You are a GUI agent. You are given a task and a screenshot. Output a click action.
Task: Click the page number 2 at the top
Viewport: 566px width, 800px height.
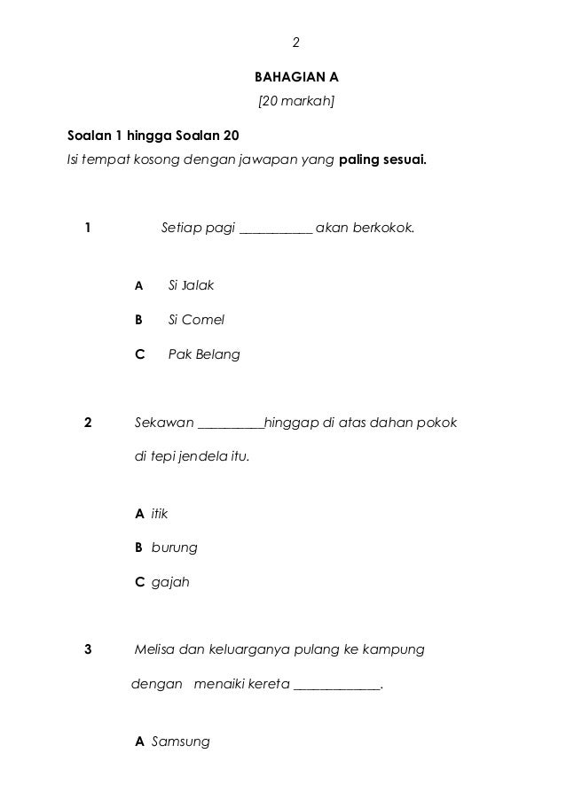tap(296, 42)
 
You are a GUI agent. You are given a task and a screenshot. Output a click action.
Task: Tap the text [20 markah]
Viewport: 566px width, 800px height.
tap(295, 101)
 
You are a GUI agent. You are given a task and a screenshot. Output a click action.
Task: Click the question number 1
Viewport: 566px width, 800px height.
tap(87, 228)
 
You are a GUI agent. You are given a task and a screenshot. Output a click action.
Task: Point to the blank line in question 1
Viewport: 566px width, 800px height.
tap(276, 229)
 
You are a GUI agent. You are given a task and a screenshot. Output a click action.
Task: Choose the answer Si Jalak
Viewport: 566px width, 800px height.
tap(191, 285)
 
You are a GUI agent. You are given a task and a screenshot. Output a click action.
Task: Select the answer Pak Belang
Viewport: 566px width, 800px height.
tap(203, 354)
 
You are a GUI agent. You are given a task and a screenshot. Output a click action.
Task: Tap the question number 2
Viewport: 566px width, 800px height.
tap(87, 422)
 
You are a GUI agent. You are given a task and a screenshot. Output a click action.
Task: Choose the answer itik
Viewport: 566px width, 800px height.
tap(159, 514)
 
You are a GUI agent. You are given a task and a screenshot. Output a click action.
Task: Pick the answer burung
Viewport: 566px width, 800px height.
tap(174, 548)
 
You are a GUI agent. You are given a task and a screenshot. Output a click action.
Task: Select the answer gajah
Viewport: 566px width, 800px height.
tap(170, 582)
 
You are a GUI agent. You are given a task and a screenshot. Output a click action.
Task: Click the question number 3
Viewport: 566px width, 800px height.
tap(87, 649)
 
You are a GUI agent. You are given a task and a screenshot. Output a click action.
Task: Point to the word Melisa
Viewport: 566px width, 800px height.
tap(154, 649)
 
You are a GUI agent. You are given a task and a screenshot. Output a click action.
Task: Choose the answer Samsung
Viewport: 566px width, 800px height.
tap(181, 741)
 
